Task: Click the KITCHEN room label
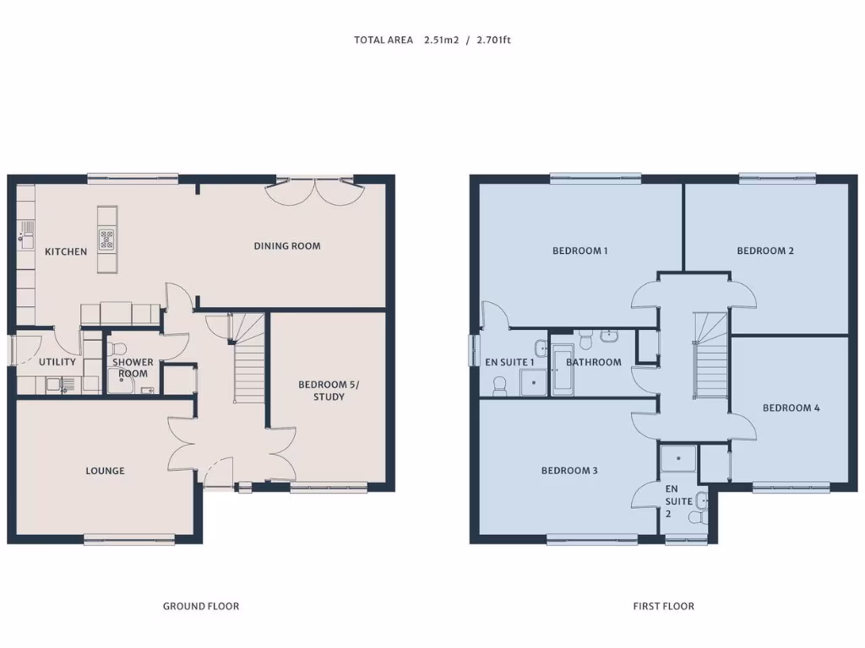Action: tap(66, 251)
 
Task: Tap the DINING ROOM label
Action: tap(287, 246)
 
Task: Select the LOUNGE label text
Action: tap(105, 471)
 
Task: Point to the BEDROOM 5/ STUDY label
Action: tap(329, 391)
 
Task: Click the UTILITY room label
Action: tap(57, 362)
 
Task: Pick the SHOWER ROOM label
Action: tap(133, 368)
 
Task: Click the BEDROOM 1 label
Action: tap(579, 251)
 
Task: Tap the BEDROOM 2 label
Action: tap(765, 251)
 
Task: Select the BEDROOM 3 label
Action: tap(569, 471)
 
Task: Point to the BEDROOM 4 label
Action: tap(791, 408)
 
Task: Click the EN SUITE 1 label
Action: tap(509, 363)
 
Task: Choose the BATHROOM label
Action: tap(593, 363)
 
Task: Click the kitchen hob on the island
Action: tap(107, 240)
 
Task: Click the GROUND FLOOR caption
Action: tap(200, 606)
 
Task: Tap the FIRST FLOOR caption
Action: tap(663, 606)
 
